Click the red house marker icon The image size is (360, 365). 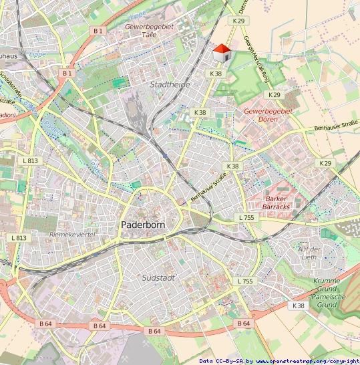(x=221, y=52)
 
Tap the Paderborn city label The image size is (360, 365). (x=143, y=225)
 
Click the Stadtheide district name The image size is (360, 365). (x=170, y=85)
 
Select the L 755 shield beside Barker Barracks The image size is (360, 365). (x=246, y=218)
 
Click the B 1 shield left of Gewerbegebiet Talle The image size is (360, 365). (x=99, y=31)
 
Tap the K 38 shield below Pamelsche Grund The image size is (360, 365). (x=298, y=305)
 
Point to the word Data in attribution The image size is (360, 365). (x=206, y=361)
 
